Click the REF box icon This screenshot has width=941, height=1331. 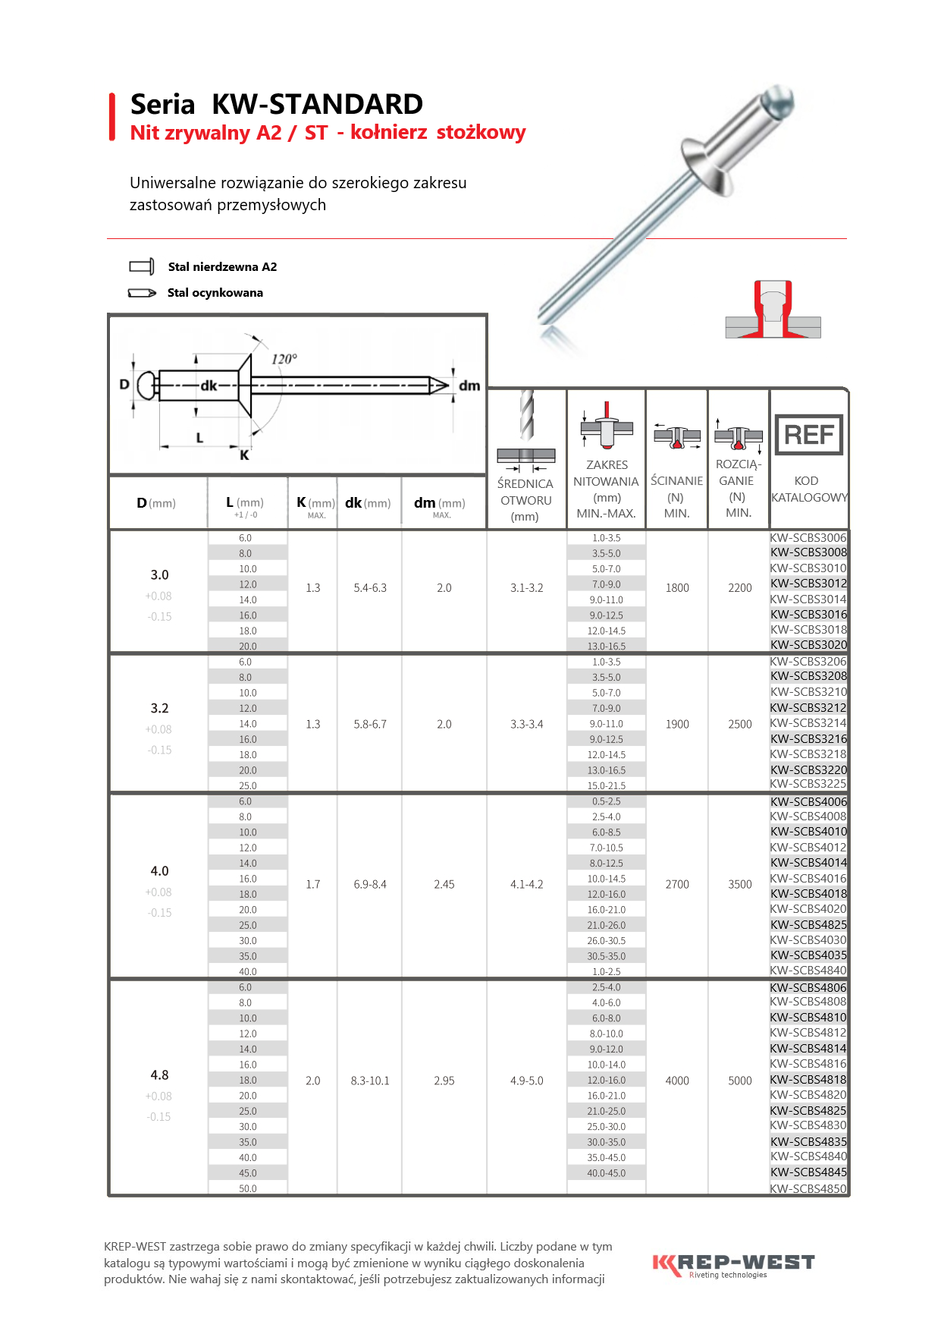808,435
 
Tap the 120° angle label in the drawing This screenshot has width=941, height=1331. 284,359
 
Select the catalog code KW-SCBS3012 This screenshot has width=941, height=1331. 808,584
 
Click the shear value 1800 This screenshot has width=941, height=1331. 677,588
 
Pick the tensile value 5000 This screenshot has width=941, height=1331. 739,1081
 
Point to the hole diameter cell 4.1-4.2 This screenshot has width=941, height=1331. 526,884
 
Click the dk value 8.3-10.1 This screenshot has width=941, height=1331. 370,1081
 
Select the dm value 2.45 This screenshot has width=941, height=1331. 444,884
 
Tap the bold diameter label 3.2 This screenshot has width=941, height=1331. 159,708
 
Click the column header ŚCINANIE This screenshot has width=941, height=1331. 676,481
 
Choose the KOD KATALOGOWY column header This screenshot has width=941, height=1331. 808,489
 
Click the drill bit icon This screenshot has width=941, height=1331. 526,415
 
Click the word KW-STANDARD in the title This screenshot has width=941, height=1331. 317,104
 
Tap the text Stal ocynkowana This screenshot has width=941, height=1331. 215,293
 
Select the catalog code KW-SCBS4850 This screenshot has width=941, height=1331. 808,1189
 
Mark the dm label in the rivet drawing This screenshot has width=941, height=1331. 469,385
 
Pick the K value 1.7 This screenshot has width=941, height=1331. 313,884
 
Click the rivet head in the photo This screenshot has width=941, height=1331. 710,166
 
